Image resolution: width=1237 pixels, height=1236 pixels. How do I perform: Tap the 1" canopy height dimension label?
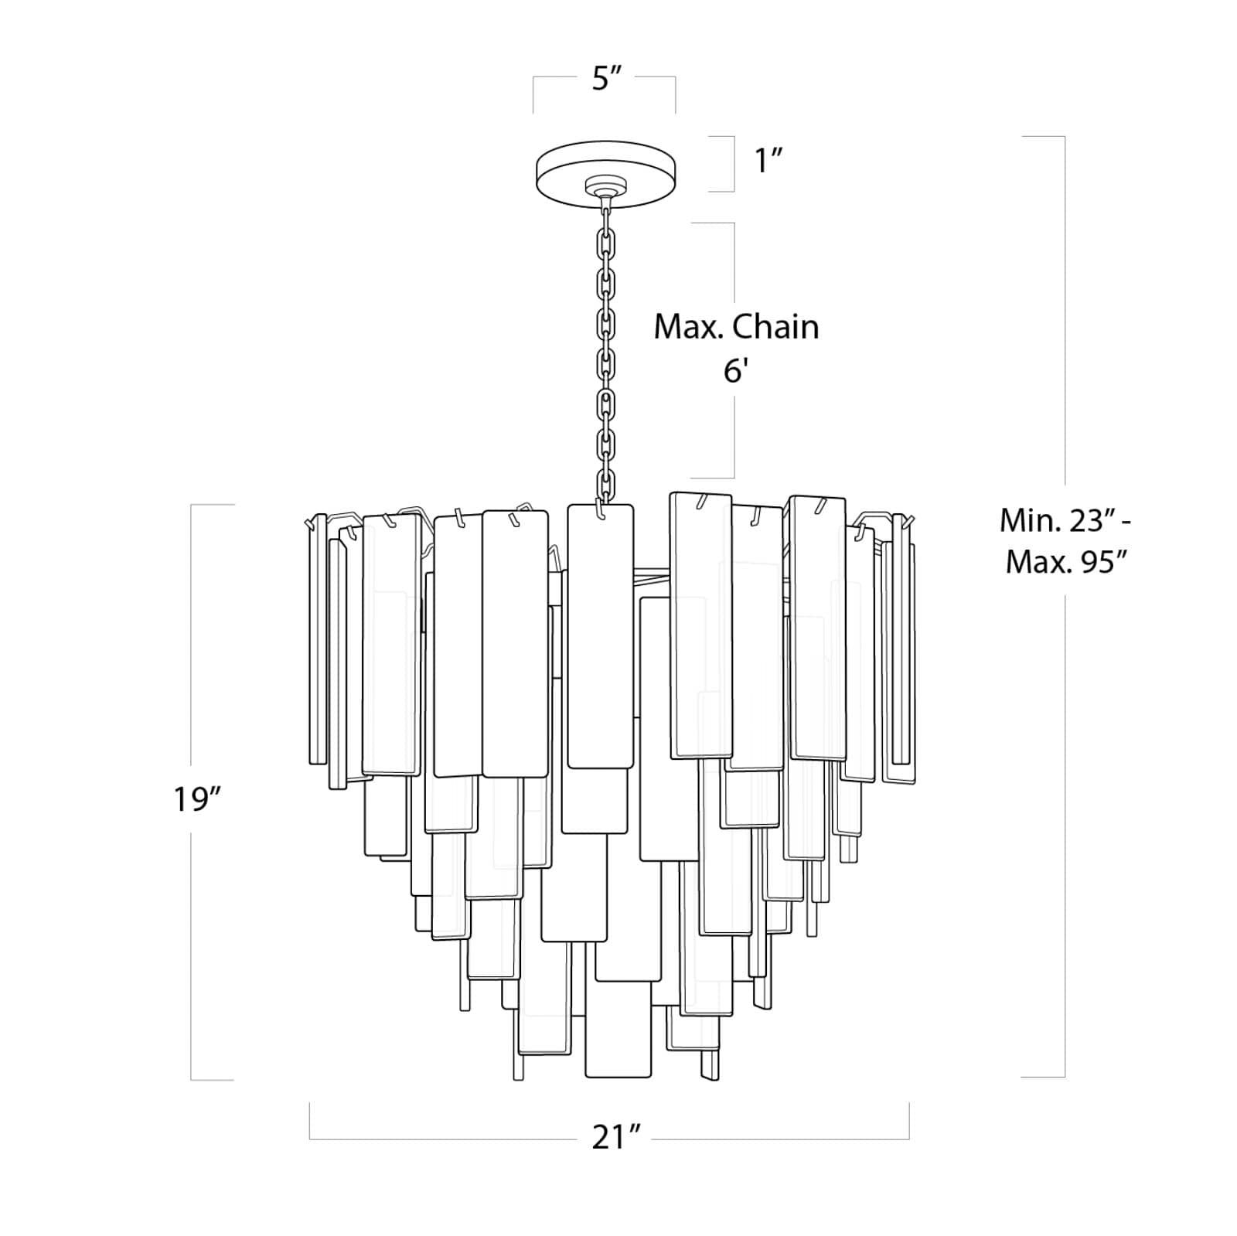769,162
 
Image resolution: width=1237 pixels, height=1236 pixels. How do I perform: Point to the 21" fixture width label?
616,1137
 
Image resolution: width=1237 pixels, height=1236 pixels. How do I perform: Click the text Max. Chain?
736,327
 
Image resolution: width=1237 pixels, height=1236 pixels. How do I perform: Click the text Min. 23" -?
1066,521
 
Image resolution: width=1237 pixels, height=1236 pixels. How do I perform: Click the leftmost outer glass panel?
317,638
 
